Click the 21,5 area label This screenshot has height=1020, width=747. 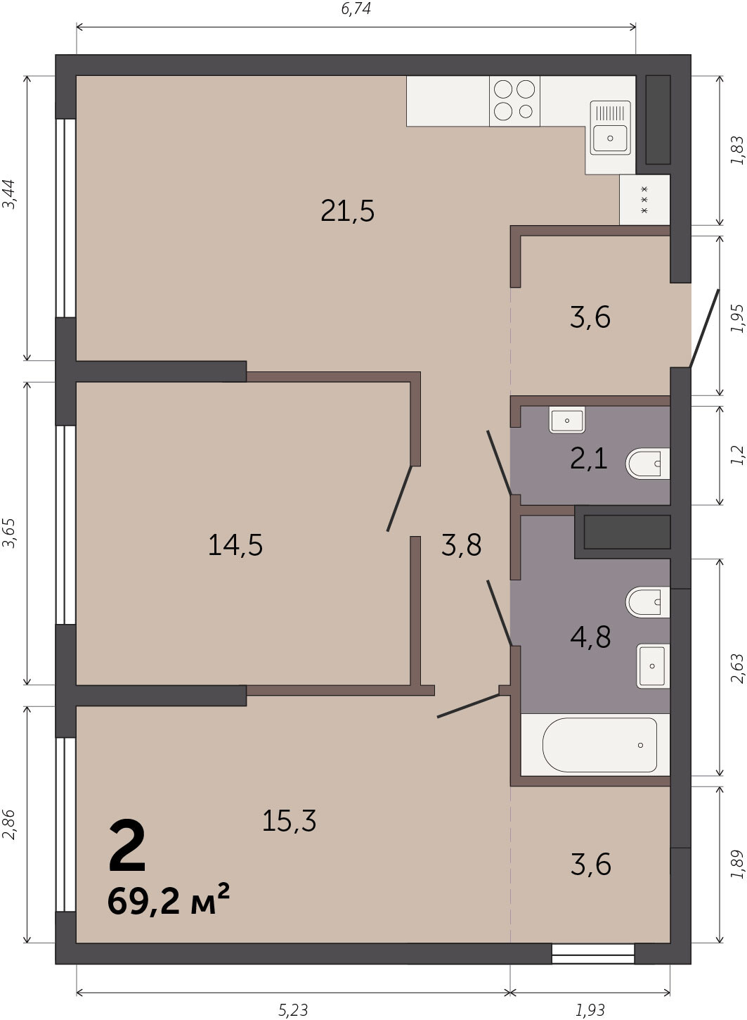coord(348,211)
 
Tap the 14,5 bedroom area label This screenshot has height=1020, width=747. coord(235,545)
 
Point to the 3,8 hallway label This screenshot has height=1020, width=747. coord(461,544)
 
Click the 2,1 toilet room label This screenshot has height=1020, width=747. coord(589,458)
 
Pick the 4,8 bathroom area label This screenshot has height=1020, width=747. coord(590,637)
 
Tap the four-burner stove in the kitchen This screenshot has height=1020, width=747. coord(514,101)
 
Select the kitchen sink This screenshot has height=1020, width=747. coord(611,127)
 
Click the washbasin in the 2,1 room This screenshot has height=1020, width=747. coord(567,419)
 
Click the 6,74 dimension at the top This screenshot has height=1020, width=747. coord(356,8)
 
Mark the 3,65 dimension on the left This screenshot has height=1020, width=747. coord(9,534)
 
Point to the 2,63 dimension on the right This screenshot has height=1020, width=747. coord(737,669)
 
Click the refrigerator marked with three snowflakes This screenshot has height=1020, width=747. coord(644,200)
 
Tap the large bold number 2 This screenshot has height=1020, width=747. coord(127,845)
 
